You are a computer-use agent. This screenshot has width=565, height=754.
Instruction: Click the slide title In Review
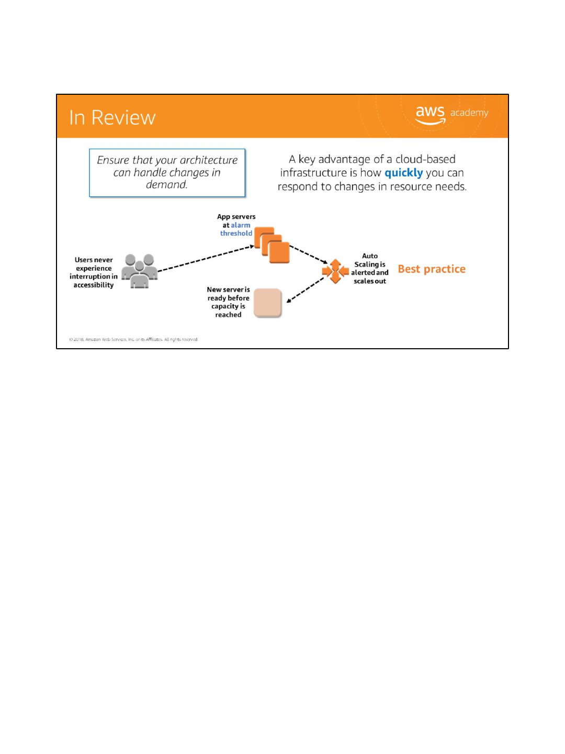coord(112,118)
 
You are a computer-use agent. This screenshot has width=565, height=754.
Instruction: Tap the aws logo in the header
coord(430,114)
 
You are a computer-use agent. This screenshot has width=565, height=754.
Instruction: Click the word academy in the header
coord(469,113)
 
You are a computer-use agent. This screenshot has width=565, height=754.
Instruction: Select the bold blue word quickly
coord(403,173)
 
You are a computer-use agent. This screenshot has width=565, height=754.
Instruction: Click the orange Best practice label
coord(432,269)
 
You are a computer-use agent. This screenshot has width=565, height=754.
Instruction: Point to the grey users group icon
coord(140,271)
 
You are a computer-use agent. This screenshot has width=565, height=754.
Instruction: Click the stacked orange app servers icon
coord(272,245)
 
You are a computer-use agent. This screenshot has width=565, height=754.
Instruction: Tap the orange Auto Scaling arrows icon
coord(335,271)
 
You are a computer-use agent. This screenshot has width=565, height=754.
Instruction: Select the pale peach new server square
coord(267,303)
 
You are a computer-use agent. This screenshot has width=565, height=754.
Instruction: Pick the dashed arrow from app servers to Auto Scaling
coord(309,254)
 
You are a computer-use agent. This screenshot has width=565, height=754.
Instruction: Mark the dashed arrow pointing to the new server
coord(306,290)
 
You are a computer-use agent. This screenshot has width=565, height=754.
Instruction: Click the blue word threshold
coord(236,234)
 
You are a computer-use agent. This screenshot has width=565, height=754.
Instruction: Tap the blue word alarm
coord(241,225)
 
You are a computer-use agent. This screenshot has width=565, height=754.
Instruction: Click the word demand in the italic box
coord(166,185)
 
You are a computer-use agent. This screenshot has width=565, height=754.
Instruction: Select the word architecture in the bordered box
coord(209,160)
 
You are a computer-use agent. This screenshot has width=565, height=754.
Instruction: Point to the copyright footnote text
coord(133,339)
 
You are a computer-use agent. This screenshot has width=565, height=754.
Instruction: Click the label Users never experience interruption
coord(94,272)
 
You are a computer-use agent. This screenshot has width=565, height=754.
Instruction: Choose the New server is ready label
coord(228,302)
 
